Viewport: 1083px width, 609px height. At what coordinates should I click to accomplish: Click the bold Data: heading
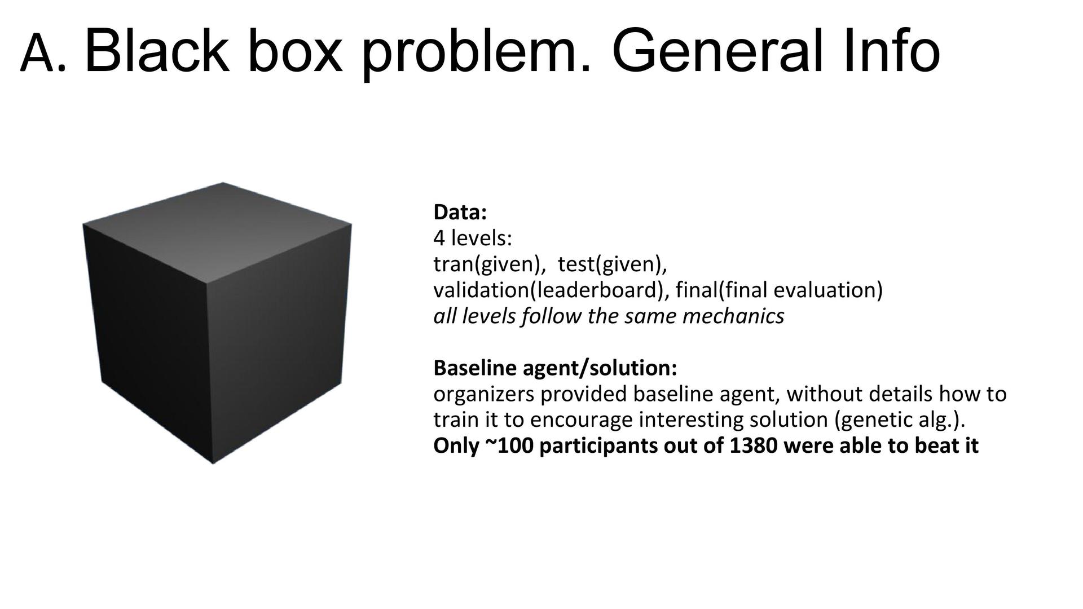click(460, 213)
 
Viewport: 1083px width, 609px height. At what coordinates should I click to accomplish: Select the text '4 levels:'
click(473, 239)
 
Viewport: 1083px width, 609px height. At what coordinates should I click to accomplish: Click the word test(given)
click(612, 264)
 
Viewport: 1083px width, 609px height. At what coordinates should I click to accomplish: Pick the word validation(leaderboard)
click(550, 290)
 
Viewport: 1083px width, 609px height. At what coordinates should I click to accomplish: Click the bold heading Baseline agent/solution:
click(555, 368)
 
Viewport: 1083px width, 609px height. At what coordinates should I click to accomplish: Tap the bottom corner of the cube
click(213, 463)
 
